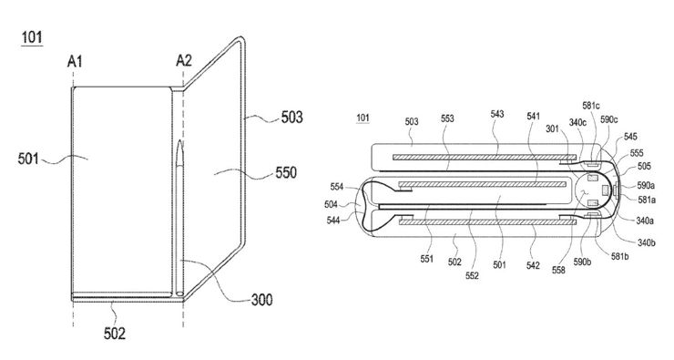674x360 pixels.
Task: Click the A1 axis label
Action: tap(75, 62)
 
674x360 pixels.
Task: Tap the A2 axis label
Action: tap(184, 61)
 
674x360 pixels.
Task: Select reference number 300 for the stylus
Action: tap(261, 299)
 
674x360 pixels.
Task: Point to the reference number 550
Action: tap(286, 172)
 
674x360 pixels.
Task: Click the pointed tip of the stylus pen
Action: tap(181, 140)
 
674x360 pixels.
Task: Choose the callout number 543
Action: tap(497, 114)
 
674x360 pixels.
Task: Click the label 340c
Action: tap(577, 122)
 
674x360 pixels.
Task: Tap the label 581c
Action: tap(591, 106)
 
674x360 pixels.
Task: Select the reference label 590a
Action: tap(646, 185)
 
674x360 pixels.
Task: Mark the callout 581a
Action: tap(647, 200)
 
